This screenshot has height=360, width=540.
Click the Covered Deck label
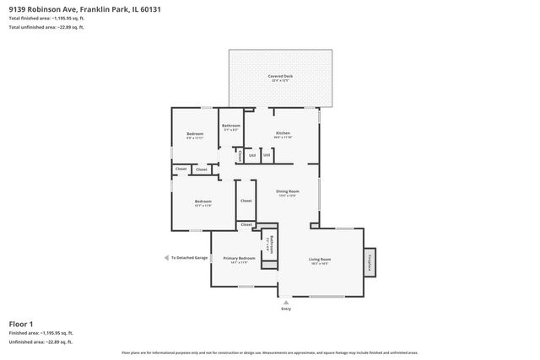tap(280, 77)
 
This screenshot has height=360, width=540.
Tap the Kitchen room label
tap(283, 133)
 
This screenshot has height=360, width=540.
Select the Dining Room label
tap(288, 191)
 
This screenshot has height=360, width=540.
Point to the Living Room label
tap(320, 259)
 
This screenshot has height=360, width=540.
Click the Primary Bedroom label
tap(239, 258)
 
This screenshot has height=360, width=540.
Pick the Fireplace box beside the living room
tap(370, 262)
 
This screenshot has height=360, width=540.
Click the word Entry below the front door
tap(286, 309)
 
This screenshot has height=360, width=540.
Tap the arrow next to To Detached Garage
tap(166, 258)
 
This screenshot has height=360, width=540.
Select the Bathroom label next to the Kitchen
tap(231, 126)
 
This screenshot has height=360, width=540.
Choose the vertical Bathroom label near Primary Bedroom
tap(270, 244)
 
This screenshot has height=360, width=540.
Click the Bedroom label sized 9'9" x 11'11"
tap(195, 134)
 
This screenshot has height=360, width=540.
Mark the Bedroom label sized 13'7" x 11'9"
tap(202, 201)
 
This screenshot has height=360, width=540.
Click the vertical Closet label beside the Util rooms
tap(240, 155)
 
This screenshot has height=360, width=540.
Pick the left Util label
tap(252, 155)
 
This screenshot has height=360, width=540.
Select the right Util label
tap(267, 155)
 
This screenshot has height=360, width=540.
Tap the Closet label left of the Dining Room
tap(246, 201)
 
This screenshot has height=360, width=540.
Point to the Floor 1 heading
tap(21, 324)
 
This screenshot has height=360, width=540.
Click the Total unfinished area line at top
tap(46, 27)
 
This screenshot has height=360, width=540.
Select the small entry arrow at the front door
tap(286, 301)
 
